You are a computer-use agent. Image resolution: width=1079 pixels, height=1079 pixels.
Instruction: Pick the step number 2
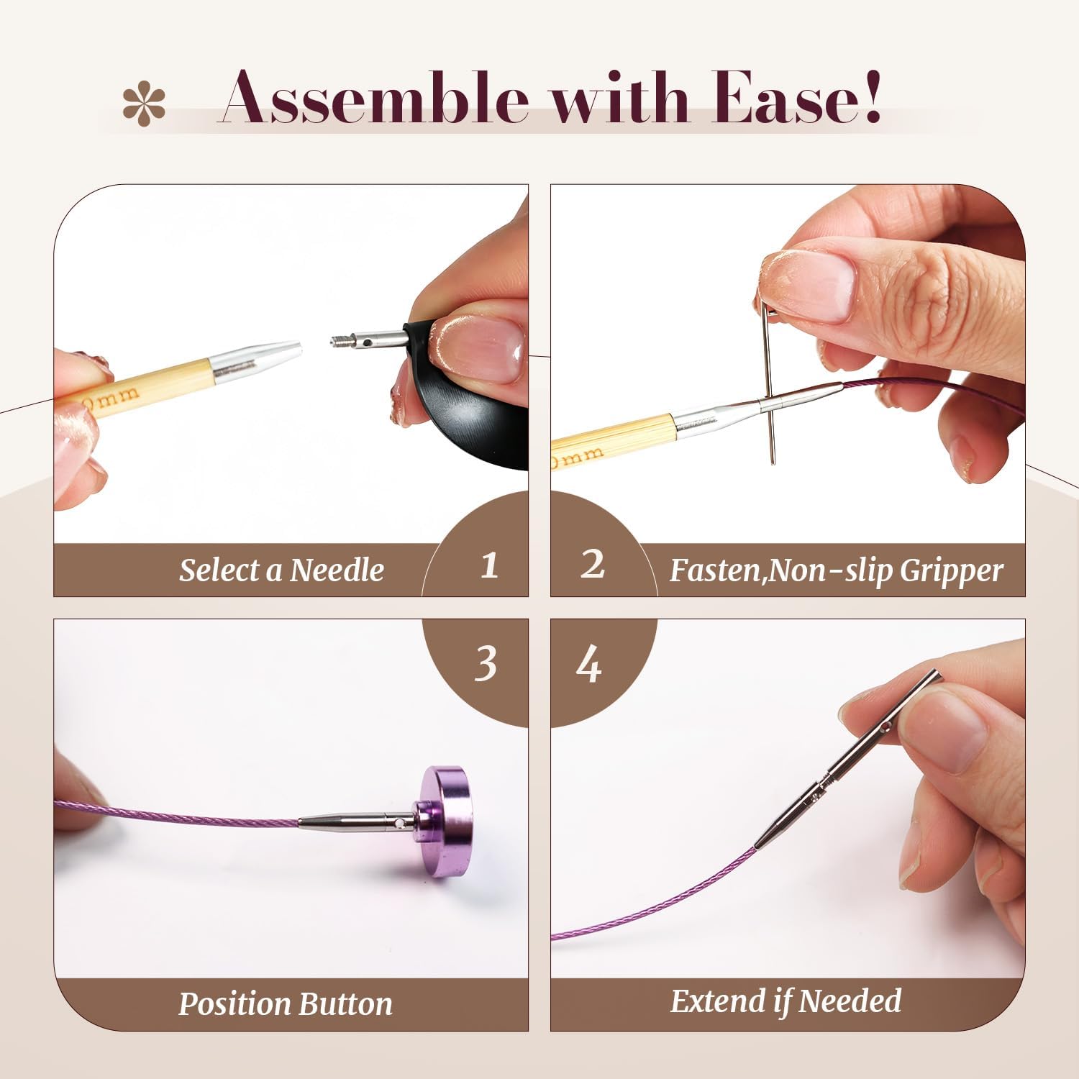[592, 565]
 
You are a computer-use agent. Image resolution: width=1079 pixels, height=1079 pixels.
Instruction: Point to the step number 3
[486, 664]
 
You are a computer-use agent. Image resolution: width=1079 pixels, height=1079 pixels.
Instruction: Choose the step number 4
[589, 665]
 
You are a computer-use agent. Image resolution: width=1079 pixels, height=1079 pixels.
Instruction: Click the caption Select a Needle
[281, 570]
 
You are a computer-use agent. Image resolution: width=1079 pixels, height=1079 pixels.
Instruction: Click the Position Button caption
[285, 1003]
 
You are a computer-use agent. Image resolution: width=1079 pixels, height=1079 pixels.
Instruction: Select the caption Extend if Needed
[786, 1001]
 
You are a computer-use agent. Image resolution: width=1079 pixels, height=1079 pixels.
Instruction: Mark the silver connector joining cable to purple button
[355, 820]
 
